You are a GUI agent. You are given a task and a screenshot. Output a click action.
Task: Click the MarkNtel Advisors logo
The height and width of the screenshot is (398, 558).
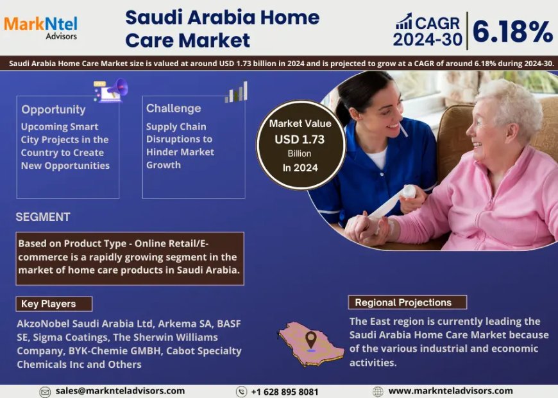[x=40, y=27]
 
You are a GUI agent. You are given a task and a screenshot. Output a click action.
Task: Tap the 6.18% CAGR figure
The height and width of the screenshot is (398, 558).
[x=513, y=30]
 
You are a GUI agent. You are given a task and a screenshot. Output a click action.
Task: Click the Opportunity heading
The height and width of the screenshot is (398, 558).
[x=53, y=110]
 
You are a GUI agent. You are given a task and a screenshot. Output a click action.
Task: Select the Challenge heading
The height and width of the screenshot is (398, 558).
[x=173, y=108]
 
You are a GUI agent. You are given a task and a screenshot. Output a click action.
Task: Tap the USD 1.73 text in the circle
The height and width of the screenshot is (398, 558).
[x=300, y=139]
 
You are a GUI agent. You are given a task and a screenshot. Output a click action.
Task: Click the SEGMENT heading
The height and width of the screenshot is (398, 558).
[x=43, y=217]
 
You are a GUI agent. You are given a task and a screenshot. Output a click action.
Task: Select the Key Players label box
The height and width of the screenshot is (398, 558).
[x=55, y=304]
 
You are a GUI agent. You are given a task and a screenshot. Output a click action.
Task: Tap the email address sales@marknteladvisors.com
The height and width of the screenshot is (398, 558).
[x=120, y=390]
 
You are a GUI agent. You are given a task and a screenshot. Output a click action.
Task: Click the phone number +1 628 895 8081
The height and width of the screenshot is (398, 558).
[x=284, y=392]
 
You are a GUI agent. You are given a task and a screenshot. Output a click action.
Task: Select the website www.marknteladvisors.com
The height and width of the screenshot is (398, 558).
[x=450, y=390]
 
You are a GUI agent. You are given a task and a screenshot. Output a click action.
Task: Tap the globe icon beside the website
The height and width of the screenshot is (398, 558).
[x=378, y=391]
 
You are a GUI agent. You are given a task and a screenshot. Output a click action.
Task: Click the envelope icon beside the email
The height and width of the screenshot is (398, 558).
[x=45, y=392]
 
